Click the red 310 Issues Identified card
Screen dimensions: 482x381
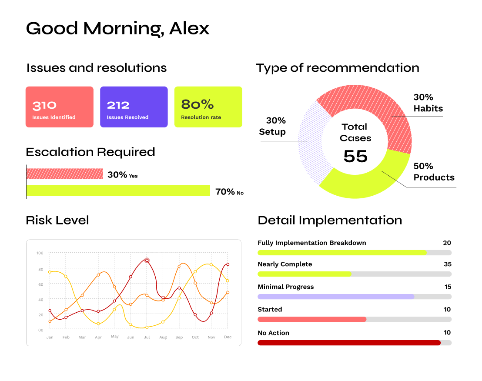[59, 107]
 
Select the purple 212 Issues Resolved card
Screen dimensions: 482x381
[134, 107]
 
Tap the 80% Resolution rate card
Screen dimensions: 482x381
[208, 107]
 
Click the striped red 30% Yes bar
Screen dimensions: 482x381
[64, 174]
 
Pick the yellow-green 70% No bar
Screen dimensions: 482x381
[118, 190]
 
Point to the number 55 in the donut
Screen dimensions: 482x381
[355, 156]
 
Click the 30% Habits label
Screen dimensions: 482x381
[428, 103]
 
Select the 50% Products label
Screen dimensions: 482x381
[434, 172]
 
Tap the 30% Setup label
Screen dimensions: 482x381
[272, 126]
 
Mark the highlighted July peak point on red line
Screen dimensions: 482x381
[147, 260]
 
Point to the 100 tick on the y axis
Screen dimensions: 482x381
[40, 253]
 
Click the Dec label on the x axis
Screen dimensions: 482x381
[228, 337]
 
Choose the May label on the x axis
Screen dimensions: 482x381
[115, 337]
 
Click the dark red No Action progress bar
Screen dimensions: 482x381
[349, 343]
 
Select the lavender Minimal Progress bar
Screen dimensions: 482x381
[336, 297]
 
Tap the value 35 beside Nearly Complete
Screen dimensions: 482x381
[448, 264]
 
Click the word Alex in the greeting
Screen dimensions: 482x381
[189, 29]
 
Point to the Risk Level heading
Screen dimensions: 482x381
[57, 221]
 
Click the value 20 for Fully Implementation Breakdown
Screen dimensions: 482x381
[447, 243]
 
